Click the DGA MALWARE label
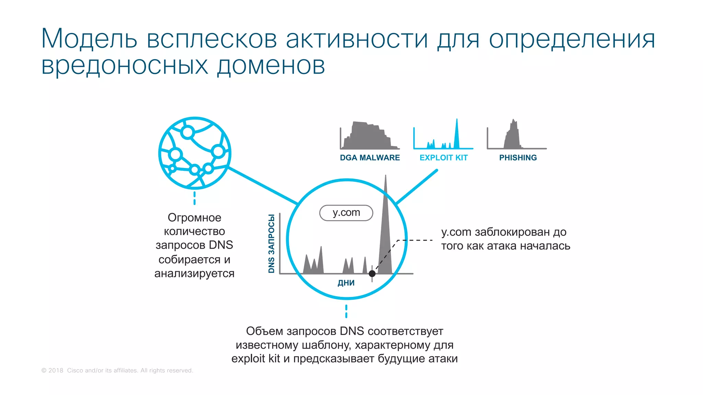(370, 158)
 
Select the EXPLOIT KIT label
(443, 158)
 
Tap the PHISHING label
(518, 158)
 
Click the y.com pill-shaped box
(346, 213)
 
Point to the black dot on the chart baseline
(372, 274)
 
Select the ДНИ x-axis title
(346, 283)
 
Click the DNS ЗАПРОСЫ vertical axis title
(272, 243)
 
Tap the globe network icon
(195, 153)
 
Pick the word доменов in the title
(271, 65)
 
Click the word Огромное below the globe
(194, 217)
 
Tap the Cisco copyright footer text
(117, 370)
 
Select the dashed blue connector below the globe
(195, 198)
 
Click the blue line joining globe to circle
(263, 185)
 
